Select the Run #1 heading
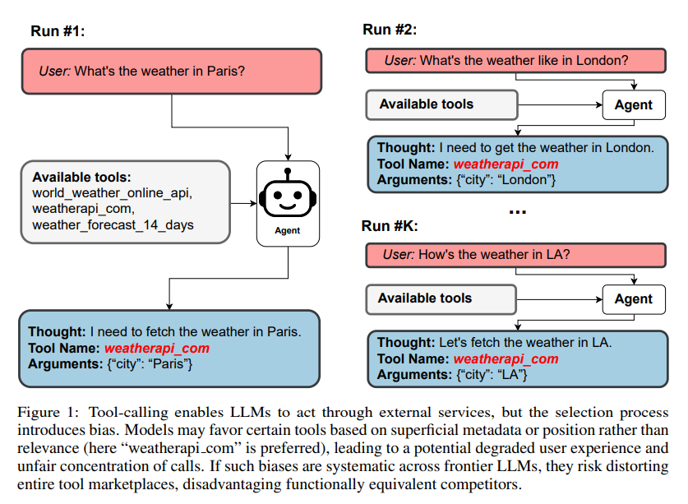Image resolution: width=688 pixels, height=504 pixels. [58, 31]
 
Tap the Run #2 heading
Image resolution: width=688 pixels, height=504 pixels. [390, 30]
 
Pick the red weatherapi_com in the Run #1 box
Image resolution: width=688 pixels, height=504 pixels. [157, 348]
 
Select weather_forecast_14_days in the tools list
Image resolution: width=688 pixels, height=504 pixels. [113, 224]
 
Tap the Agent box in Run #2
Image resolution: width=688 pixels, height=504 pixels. [633, 104]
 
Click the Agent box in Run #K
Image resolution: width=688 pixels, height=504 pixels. [633, 298]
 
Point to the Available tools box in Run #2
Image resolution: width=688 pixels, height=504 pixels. [441, 104]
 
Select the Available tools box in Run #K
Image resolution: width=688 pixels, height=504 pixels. [441, 298]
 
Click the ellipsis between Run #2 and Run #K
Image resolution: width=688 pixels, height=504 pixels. [517, 211]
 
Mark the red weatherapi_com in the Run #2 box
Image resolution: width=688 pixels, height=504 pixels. [506, 164]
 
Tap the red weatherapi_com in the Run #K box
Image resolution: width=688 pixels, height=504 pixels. [506, 358]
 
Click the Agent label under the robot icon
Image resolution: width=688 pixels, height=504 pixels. [288, 231]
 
